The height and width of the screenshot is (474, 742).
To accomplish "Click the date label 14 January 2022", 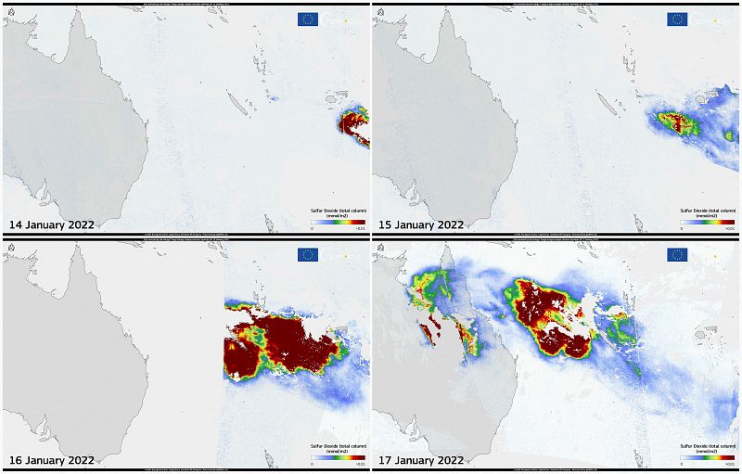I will (51, 224).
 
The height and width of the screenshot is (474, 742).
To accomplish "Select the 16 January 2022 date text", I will (51, 460).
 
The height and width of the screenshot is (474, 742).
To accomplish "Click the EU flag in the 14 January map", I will (308, 19).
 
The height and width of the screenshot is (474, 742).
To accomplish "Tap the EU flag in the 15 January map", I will (677, 19).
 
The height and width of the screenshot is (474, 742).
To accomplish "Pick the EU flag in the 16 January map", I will (308, 255).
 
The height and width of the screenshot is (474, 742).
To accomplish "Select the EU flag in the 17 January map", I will (677, 255).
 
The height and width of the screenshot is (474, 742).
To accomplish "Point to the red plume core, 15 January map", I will (674, 122).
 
